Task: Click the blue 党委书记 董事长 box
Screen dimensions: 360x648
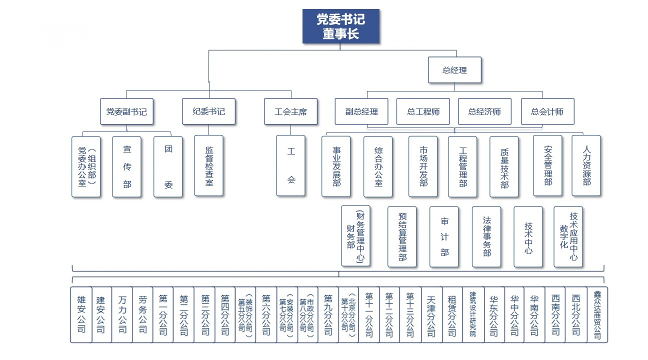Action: click(340, 26)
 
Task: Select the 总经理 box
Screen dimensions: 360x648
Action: click(454, 70)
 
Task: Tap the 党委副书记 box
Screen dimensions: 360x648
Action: click(126, 111)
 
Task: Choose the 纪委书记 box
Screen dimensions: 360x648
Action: click(208, 111)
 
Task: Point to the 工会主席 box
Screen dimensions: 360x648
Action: click(290, 111)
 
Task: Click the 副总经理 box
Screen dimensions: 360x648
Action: click(361, 111)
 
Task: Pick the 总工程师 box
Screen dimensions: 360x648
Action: click(423, 111)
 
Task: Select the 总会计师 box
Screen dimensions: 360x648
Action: click(547, 111)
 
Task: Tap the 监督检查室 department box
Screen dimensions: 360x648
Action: click(209, 165)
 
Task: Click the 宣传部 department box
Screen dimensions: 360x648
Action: click(127, 166)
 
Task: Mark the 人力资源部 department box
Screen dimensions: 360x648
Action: click(586, 165)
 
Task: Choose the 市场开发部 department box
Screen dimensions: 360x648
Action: click(423, 166)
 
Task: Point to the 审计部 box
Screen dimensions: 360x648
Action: click(444, 236)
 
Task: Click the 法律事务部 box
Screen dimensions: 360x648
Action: click(486, 236)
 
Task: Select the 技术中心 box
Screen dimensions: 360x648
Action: click(528, 236)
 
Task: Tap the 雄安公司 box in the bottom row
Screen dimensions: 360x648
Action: click(81, 314)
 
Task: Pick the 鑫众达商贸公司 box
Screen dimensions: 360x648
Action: click(597, 314)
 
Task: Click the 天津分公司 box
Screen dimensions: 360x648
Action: click(431, 314)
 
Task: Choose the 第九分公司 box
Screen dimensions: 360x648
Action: click(328, 314)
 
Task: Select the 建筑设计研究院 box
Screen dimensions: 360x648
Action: click(473, 314)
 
